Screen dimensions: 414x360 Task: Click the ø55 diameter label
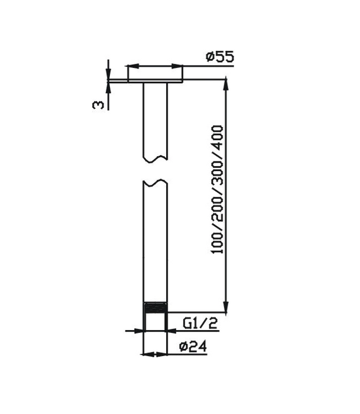[220, 57]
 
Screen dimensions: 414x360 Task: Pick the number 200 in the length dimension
[217, 207]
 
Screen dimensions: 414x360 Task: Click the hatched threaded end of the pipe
[155, 308]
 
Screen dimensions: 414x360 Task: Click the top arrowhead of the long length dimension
[225, 84]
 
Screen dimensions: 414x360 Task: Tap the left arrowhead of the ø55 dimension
[132, 66]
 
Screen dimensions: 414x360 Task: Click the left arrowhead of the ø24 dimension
[147, 355]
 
